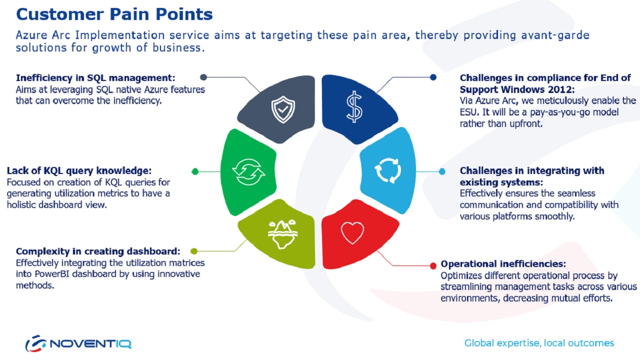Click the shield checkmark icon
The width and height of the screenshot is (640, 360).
point(283,109)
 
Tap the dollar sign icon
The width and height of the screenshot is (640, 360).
point(354,107)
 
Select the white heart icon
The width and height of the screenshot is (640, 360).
point(352,233)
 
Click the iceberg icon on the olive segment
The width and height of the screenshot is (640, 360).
point(282,234)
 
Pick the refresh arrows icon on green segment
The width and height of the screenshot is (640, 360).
point(248,172)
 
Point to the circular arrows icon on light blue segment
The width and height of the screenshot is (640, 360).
point(387,170)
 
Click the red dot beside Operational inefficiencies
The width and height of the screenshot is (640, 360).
point(433,266)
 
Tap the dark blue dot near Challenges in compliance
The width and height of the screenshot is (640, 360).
point(433,77)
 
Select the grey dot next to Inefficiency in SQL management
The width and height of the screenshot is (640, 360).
point(203,77)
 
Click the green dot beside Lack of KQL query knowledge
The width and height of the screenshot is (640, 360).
point(195,171)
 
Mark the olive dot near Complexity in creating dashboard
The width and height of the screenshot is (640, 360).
point(194,251)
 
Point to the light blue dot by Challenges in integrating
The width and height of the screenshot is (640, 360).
point(442,171)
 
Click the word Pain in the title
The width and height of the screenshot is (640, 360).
point(130,14)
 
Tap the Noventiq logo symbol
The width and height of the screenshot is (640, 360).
point(36,343)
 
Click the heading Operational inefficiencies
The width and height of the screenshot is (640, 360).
point(503,263)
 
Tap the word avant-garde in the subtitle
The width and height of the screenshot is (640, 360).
point(555,35)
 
